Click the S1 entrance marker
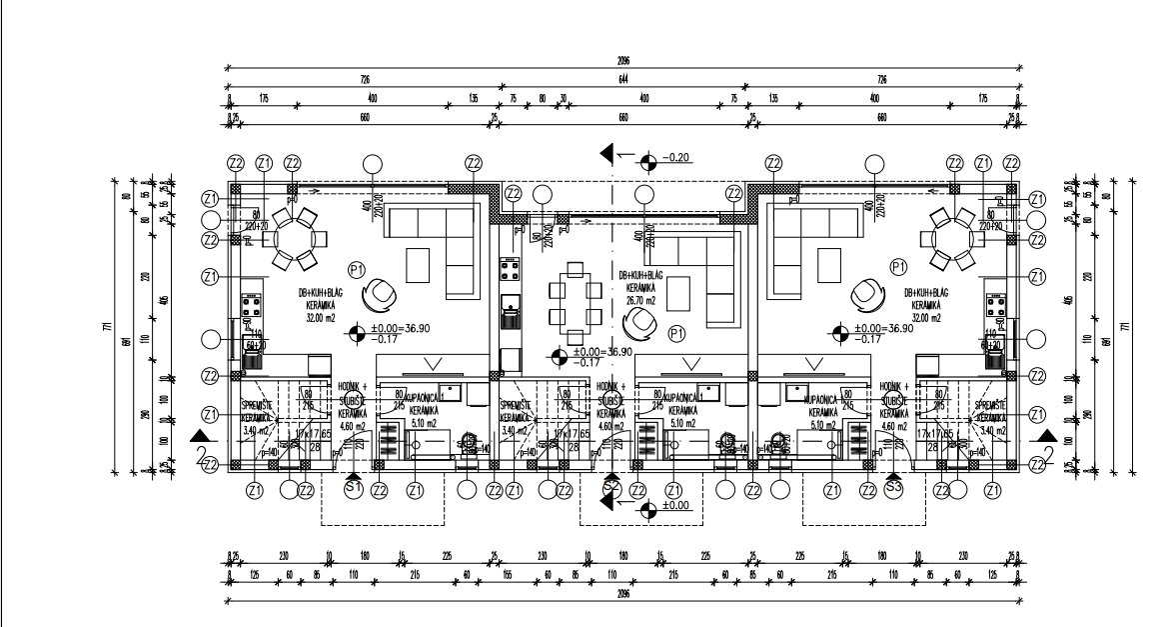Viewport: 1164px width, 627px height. click(x=352, y=487)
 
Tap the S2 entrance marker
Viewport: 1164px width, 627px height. click(x=612, y=487)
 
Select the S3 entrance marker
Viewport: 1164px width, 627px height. click(x=893, y=487)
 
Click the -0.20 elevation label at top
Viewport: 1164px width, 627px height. click(x=679, y=157)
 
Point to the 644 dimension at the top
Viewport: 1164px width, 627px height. click(x=623, y=79)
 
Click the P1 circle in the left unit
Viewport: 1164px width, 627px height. click(x=357, y=268)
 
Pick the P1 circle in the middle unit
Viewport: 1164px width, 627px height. click(x=676, y=332)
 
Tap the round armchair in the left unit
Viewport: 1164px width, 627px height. click(x=381, y=295)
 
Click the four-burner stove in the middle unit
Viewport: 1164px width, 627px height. click(x=510, y=268)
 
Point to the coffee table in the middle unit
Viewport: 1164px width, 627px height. click(x=679, y=295)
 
